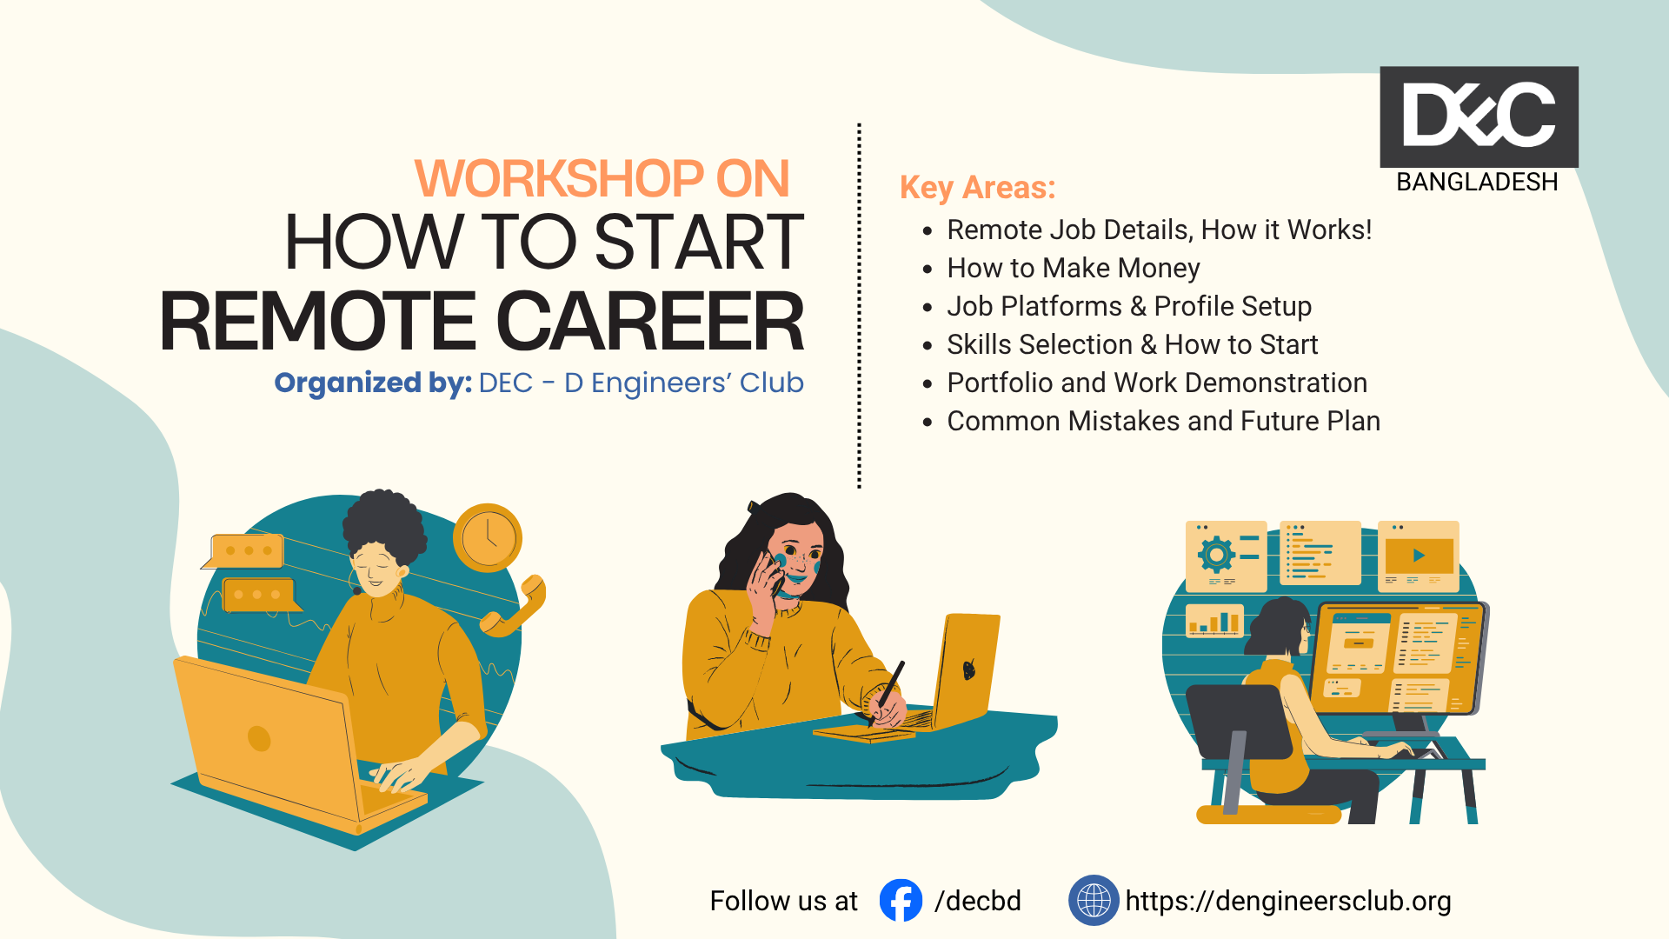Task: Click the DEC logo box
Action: point(1479,117)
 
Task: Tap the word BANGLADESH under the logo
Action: point(1477,182)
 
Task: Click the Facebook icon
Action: point(901,900)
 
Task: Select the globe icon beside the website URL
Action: point(1094,900)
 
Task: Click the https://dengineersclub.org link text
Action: point(1288,901)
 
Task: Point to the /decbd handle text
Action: point(978,901)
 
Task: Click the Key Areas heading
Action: point(977,188)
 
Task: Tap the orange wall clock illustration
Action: point(488,537)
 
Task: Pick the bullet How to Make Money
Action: point(1073,268)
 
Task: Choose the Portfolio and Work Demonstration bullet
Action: point(1157,383)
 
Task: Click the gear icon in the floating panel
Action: point(1216,554)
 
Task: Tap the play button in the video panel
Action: point(1419,556)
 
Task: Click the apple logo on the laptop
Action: point(969,669)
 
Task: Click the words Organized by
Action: point(373,383)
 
